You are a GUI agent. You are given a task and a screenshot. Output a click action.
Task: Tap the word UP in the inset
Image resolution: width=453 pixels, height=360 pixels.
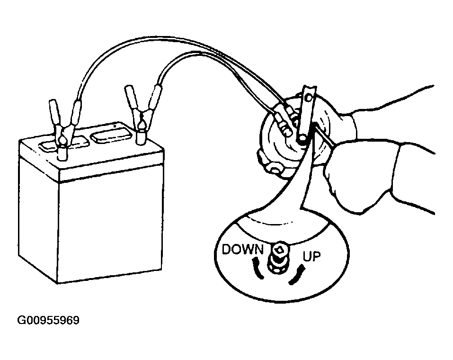[x=311, y=257]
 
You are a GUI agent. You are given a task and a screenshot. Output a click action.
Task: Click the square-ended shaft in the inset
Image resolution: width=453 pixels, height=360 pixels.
[x=279, y=251]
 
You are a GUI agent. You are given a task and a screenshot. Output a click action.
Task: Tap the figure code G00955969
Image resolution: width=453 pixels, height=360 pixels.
[x=48, y=321]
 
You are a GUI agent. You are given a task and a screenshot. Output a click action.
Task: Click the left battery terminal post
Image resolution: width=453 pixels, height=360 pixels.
[x=62, y=153]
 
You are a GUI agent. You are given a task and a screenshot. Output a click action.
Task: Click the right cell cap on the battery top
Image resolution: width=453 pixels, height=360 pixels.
[x=110, y=136]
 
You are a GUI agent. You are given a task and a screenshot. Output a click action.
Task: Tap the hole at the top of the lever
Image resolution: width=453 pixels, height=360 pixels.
[x=309, y=97]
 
